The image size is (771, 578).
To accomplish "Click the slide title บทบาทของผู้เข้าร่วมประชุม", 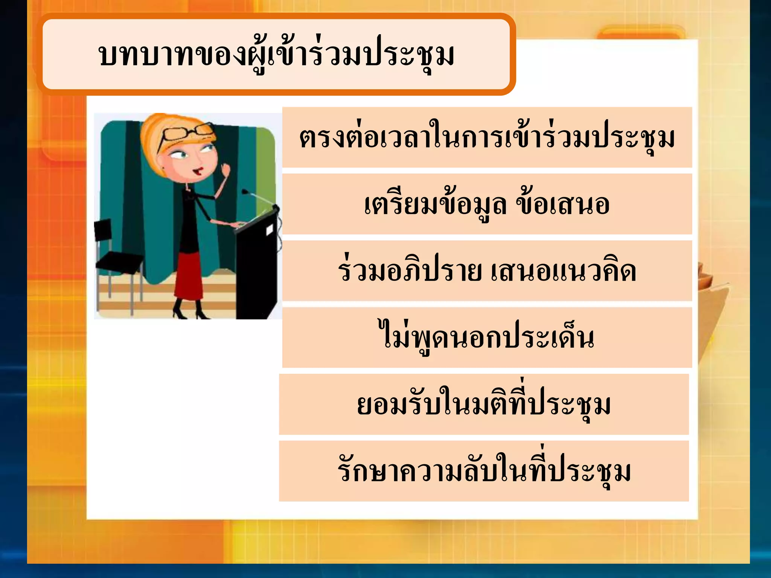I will coord(277,55).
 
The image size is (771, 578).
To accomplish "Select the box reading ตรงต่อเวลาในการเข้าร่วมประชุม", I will coord(487,138).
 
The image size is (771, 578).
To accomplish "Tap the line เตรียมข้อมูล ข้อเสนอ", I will coord(487,205).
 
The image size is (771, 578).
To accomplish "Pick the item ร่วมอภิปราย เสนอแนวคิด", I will coord(487,271).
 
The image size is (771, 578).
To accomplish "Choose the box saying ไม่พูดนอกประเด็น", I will coord(487,338).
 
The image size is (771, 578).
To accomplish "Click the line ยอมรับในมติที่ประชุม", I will coord(484,405).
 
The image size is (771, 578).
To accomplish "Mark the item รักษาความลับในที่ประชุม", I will coord(484,471).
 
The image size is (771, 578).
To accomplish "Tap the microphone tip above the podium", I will coord(245,191).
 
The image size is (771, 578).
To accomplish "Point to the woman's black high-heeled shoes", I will coord(188,310).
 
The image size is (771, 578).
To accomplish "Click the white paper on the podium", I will coord(270,229).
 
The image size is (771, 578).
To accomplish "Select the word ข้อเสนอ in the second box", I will coord(562,205).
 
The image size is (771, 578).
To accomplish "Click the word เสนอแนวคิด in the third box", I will coord(563,271).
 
